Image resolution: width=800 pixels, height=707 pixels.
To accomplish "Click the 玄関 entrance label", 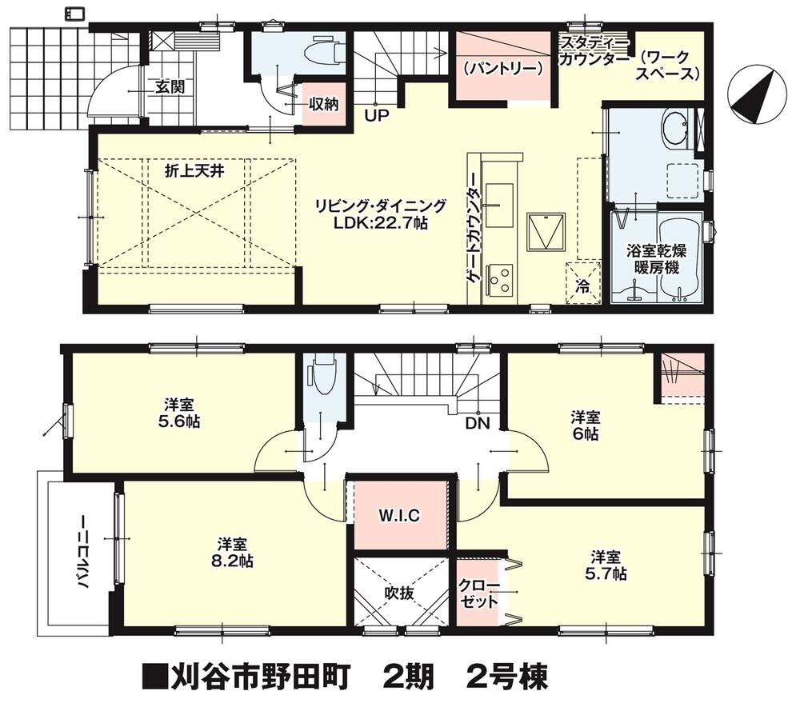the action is click(x=170, y=87).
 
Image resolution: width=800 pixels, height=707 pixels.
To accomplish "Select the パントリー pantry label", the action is click(x=503, y=68).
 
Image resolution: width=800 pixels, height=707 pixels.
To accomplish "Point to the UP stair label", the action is click(x=377, y=115).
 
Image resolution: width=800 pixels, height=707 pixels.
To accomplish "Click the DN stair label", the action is click(x=478, y=423).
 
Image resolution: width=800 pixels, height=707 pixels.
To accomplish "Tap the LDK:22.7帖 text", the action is click(x=380, y=223).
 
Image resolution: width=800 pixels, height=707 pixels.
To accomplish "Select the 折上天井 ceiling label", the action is click(x=194, y=171).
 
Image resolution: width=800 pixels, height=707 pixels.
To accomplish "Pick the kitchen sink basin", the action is click(x=499, y=205).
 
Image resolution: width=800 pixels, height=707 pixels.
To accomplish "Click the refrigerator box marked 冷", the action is click(x=582, y=284).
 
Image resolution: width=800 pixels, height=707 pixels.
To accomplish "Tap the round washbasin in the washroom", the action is click(x=677, y=126).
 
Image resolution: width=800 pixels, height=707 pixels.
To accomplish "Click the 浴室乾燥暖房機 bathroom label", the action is click(x=657, y=259).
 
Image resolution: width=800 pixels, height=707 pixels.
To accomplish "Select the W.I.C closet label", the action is click(x=399, y=516).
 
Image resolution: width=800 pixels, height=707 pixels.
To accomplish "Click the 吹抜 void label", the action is click(x=399, y=593).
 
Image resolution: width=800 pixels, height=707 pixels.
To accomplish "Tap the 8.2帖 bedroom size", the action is click(x=233, y=561).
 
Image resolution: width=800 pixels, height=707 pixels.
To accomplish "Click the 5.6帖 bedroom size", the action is click(x=179, y=421).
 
